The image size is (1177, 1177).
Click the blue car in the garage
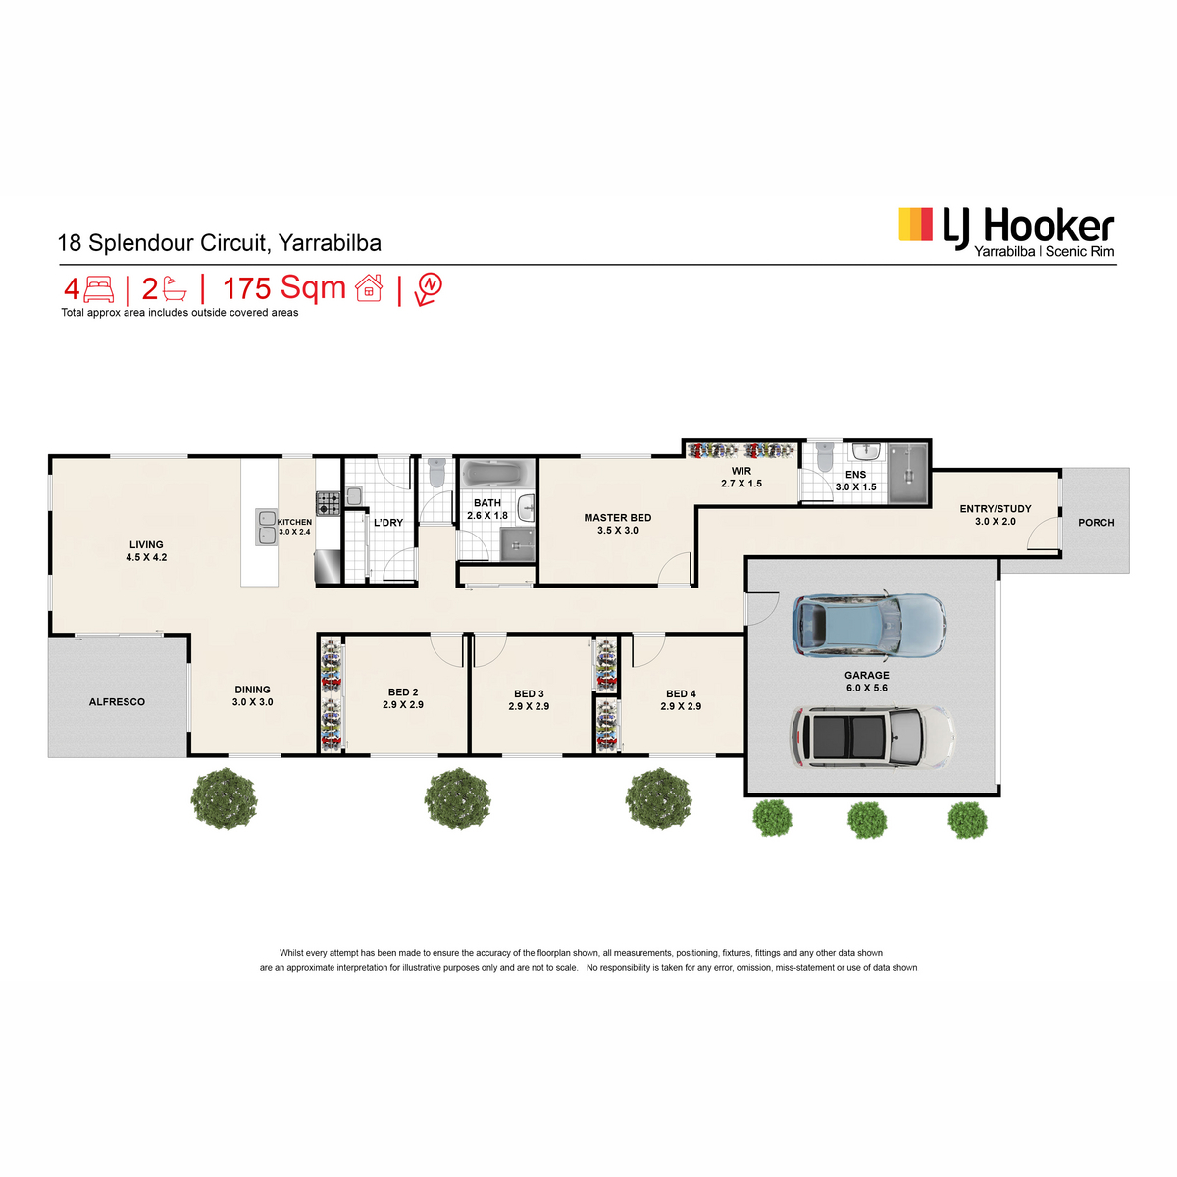[869, 625]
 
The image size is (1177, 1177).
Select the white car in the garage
[873, 737]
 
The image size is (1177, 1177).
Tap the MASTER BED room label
[618, 517]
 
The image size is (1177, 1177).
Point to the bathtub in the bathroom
[495, 474]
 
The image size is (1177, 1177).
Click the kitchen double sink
[267, 527]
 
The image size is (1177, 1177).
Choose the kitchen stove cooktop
[328, 503]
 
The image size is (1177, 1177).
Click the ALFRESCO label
[118, 702]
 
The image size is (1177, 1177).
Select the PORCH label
[1097, 522]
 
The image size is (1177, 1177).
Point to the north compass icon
[429, 288]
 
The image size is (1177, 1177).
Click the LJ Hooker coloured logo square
[915, 225]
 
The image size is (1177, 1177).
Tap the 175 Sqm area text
[284, 288]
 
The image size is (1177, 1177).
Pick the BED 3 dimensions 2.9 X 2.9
[529, 706]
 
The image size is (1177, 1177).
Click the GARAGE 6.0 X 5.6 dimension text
[867, 688]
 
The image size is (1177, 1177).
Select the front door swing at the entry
[1043, 534]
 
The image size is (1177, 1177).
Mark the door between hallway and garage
[762, 608]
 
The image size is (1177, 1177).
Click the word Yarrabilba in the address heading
[330, 243]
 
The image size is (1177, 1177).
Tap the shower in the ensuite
[908, 474]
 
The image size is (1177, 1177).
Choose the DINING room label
[252, 690]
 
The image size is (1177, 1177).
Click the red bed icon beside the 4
[99, 289]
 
